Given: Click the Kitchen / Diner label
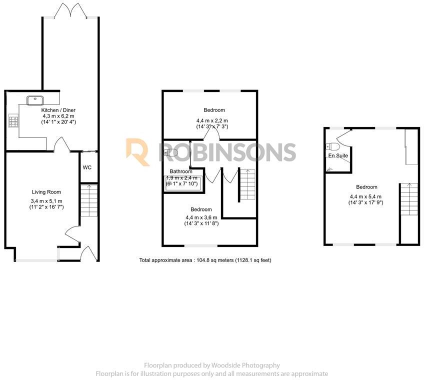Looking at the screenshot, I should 58,110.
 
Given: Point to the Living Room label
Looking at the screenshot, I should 46,192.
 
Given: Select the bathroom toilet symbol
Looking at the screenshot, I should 170,153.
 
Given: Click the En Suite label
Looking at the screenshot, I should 338,156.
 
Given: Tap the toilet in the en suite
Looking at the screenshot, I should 331,146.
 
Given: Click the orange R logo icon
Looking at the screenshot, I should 137,151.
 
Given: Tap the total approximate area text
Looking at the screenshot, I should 205,260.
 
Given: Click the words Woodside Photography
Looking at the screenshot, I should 252,365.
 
